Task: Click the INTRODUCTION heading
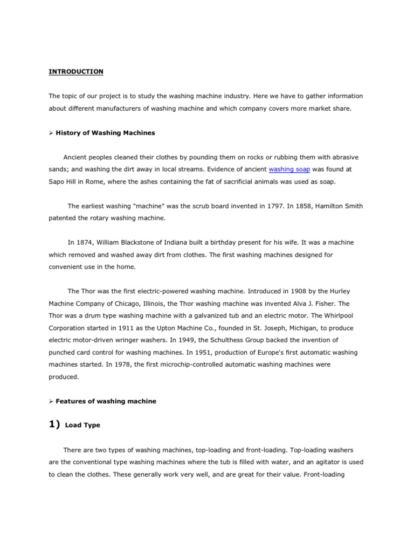(x=76, y=71)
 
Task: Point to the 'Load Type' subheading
(x=82, y=426)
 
